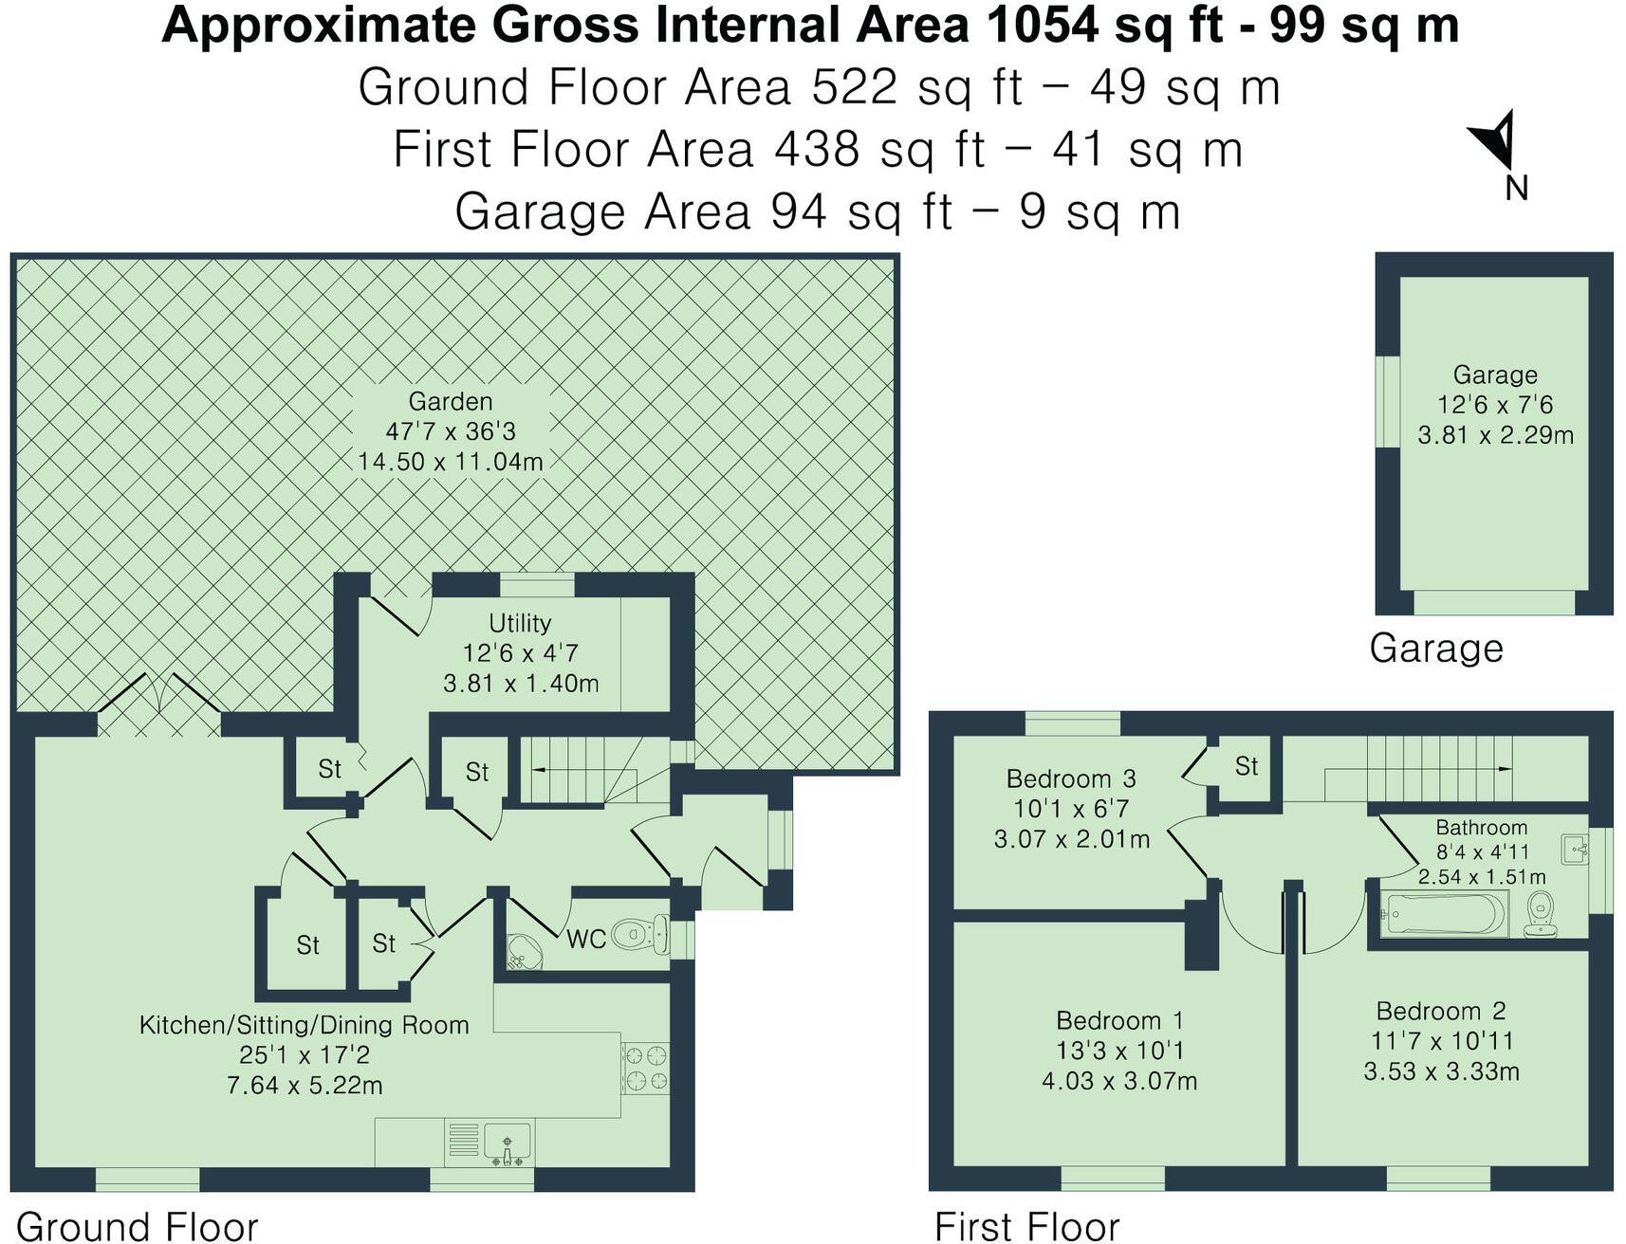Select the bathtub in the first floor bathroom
tap(1442, 914)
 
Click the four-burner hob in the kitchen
tap(645, 1068)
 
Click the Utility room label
tap(519, 623)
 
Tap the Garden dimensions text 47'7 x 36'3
tap(451, 431)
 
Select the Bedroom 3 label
tap(1070, 779)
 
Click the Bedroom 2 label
tap(1440, 1011)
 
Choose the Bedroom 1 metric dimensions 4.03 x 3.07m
tap(1118, 1081)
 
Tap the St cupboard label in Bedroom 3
tap(1246, 766)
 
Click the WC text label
tap(585, 940)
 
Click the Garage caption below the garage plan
tap(1435, 649)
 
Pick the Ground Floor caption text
tap(138, 1226)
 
